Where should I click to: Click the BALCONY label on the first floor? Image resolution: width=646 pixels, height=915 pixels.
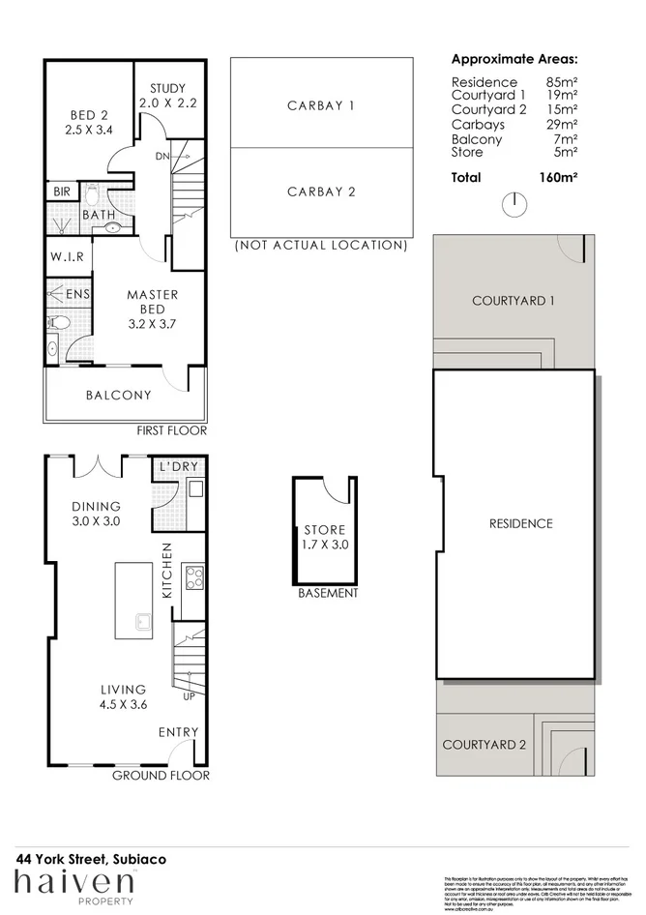click(x=118, y=395)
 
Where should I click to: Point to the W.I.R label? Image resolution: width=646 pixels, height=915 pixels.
click(x=66, y=258)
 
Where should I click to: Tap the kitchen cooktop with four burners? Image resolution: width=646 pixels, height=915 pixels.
click(x=192, y=577)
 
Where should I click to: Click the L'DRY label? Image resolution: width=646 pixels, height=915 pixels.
click(x=179, y=467)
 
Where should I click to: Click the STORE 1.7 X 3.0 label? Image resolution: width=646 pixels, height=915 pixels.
click(x=325, y=538)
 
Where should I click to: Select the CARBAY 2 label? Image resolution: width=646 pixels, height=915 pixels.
click(x=321, y=192)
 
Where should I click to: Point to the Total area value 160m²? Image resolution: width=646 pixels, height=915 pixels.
click(x=558, y=178)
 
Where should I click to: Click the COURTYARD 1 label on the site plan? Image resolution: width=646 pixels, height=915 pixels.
click(x=513, y=301)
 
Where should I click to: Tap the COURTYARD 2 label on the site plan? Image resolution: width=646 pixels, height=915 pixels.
click(x=484, y=745)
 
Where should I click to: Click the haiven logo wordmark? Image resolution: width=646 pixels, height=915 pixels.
click(x=73, y=882)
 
